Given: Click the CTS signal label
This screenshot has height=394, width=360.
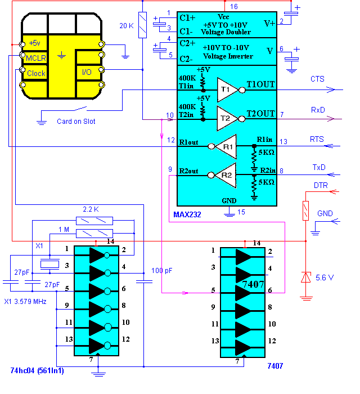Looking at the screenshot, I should coord(317,79).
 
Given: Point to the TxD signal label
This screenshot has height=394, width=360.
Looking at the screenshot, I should coord(318,167).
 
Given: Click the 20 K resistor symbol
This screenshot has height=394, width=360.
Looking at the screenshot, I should coord(142,26).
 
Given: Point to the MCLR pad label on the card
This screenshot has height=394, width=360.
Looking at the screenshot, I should coord(37,58).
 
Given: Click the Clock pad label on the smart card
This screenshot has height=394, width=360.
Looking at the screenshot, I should coord(37,73).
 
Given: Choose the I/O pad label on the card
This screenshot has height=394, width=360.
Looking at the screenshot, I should coord(87,72).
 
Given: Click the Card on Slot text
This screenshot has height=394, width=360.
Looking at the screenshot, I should coord(76,121).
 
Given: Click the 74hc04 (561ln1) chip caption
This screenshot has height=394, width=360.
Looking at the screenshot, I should coord(37,370).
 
